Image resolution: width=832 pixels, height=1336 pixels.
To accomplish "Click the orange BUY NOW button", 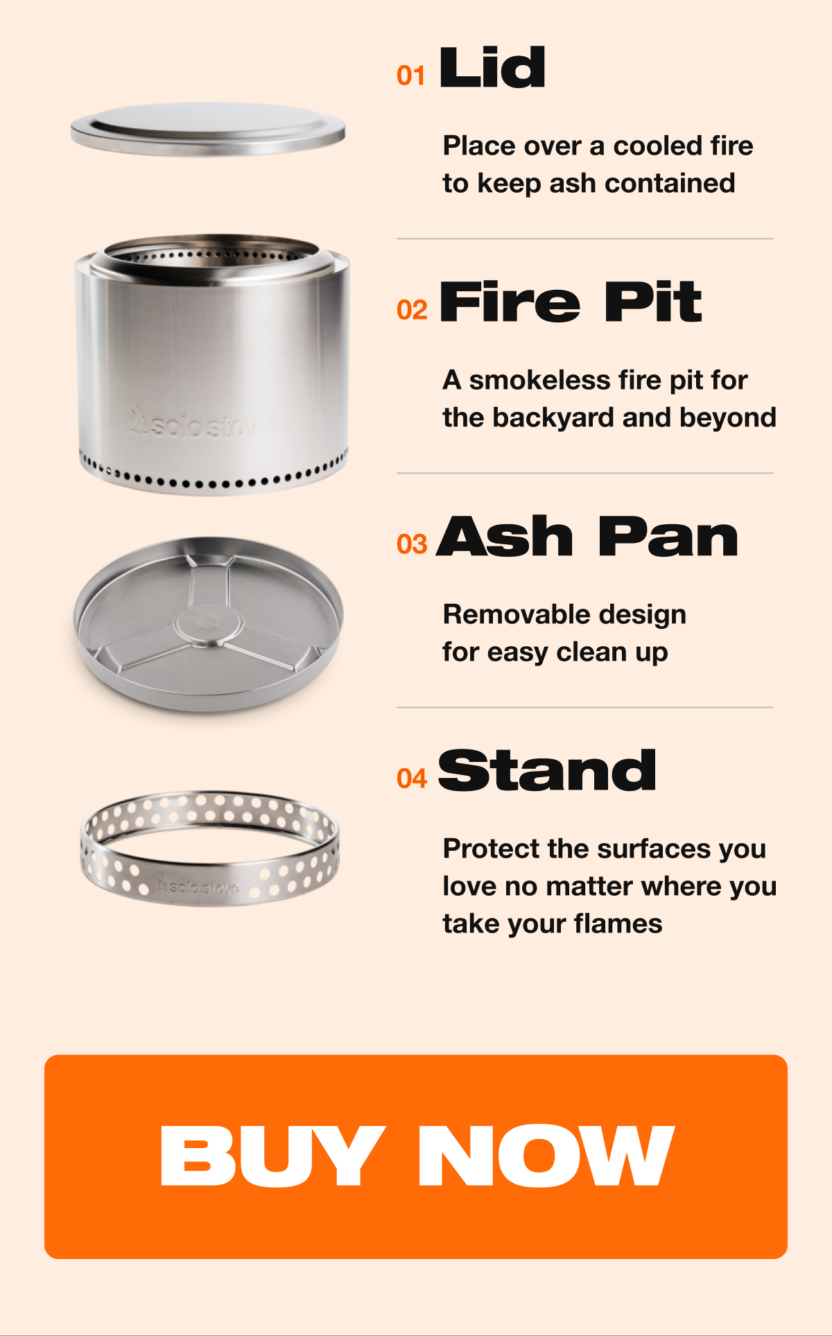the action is click(x=416, y=1156).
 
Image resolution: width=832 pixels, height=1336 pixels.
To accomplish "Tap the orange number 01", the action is click(x=411, y=76).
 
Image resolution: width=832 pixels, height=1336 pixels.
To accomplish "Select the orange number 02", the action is click(x=412, y=310).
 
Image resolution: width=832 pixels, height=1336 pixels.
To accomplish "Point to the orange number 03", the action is click(x=412, y=544).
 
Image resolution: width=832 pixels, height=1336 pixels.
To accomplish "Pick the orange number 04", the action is click(x=412, y=779).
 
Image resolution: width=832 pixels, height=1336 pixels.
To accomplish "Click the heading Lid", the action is click(x=493, y=67).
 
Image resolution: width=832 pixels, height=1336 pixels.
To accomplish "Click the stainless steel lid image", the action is click(x=208, y=130).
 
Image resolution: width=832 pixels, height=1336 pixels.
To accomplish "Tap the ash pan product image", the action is click(x=208, y=624).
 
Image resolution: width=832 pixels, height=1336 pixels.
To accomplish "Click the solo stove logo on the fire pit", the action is click(x=201, y=424).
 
